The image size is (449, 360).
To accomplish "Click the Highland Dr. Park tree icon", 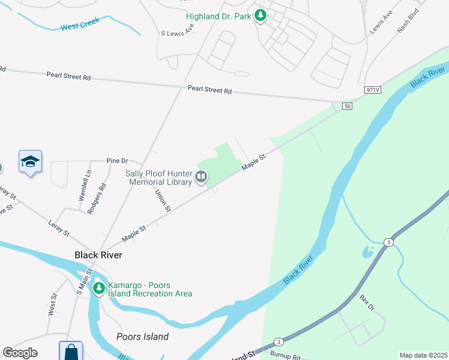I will [260, 16].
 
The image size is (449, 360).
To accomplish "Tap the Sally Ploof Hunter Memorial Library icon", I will [201, 177].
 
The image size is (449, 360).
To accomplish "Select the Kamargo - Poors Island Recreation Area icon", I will [98, 289].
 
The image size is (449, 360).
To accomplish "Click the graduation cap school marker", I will [30, 162].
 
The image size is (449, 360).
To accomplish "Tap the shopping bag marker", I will [71, 352].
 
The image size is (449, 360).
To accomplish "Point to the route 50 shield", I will [347, 106].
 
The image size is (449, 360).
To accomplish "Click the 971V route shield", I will [373, 90].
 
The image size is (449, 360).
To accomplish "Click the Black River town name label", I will [98, 255].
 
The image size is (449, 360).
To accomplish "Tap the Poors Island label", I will [142, 337].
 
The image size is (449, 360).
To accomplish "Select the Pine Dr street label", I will [117, 161].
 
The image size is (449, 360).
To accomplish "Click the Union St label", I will [163, 200].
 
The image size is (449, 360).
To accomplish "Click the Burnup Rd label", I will [285, 355].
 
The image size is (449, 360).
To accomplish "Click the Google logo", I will [20, 353].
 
